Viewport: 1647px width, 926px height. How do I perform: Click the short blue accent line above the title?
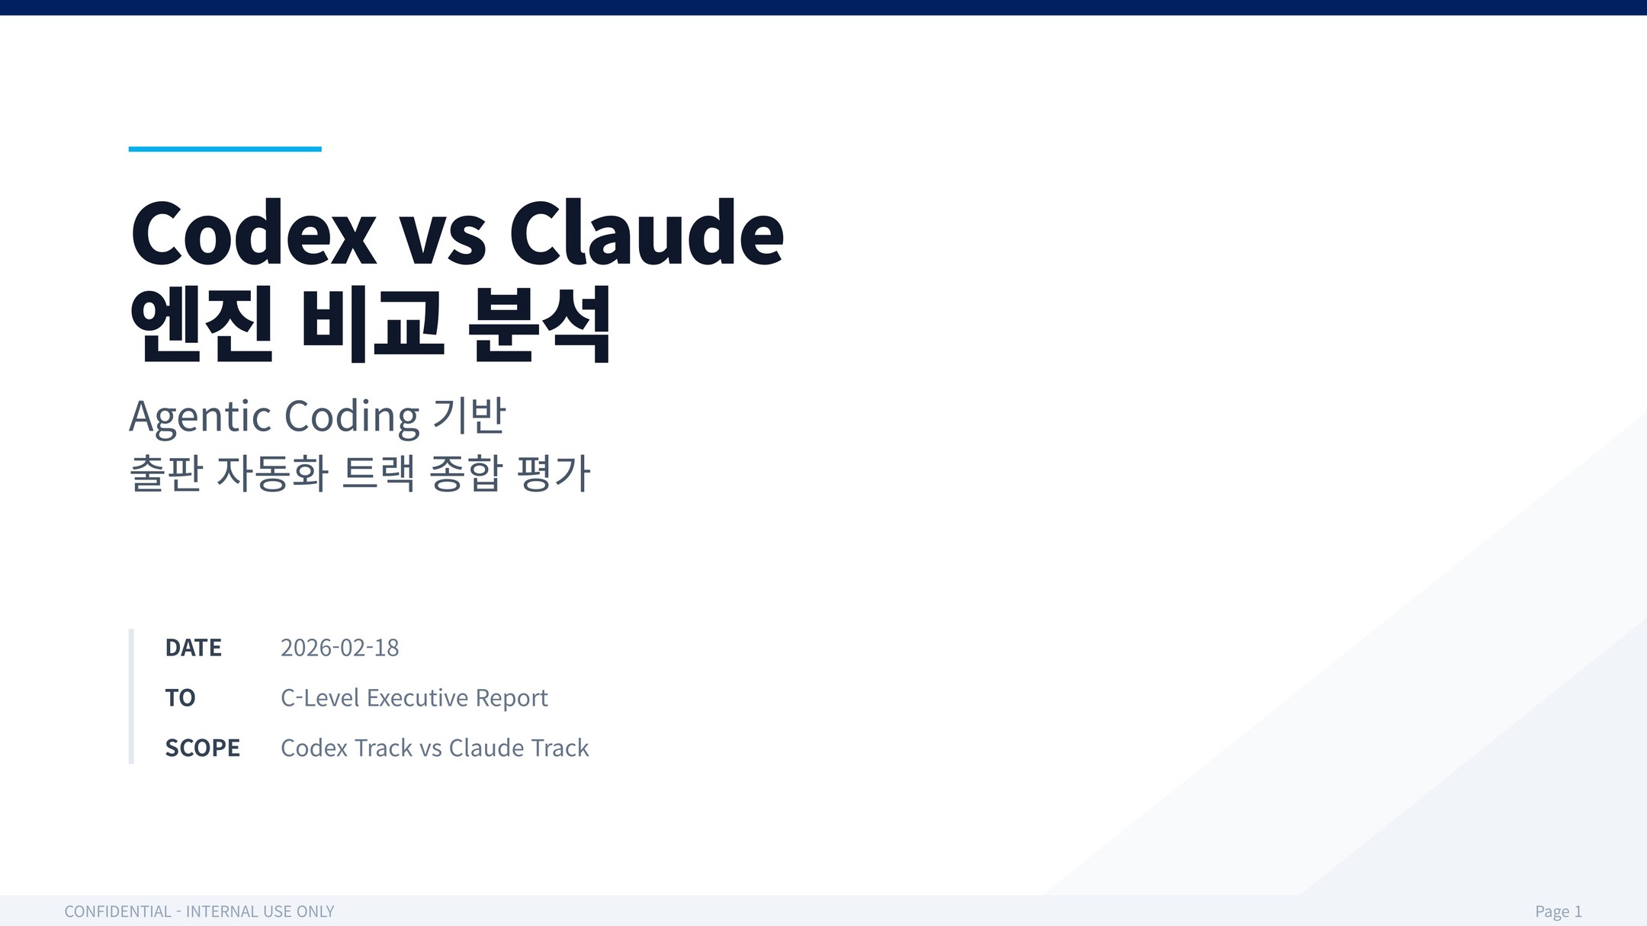(225, 149)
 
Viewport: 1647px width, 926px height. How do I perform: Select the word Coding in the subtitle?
(352, 416)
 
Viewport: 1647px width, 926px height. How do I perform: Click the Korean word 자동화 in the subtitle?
(273, 473)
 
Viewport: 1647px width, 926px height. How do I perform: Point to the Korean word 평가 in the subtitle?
(553, 473)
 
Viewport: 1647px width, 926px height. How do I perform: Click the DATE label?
(194, 648)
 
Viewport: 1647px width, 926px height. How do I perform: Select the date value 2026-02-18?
(339, 648)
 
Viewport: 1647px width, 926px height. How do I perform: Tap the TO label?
(181, 698)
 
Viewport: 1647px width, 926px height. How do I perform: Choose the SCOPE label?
(203, 748)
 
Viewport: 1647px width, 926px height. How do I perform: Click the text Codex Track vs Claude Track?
(435, 748)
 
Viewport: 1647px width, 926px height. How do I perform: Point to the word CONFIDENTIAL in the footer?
(118, 912)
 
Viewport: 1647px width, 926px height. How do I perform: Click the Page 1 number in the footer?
(1559, 912)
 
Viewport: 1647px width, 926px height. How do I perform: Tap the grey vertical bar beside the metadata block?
(131, 696)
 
